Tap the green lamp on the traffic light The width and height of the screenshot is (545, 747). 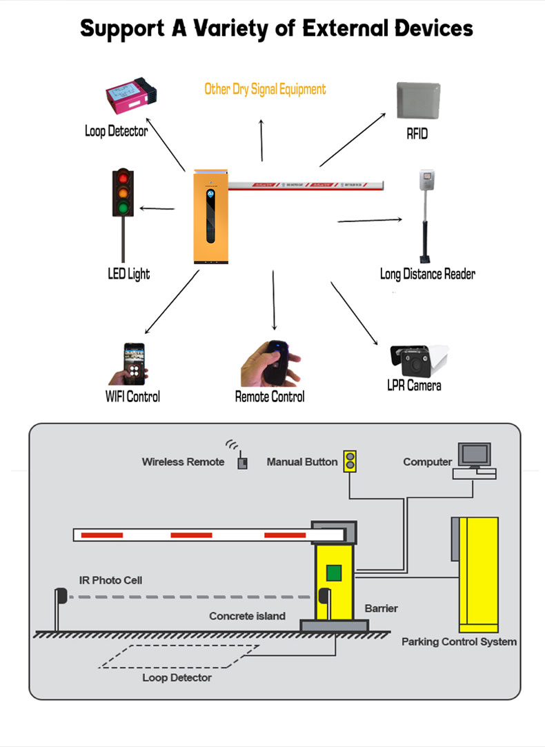coord(123,207)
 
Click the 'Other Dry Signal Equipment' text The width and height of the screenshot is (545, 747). coord(265,89)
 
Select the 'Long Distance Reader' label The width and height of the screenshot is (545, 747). coord(428,274)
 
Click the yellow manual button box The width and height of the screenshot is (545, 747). coord(351,461)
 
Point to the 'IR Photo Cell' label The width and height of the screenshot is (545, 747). coord(110,580)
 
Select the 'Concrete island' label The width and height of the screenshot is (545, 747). coord(247,616)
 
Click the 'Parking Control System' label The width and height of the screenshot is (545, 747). coord(459,641)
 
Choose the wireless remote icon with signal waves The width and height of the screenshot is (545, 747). coord(241,460)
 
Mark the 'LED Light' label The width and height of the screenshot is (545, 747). coord(128,274)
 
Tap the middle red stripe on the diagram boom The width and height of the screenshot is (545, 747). coord(191,535)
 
